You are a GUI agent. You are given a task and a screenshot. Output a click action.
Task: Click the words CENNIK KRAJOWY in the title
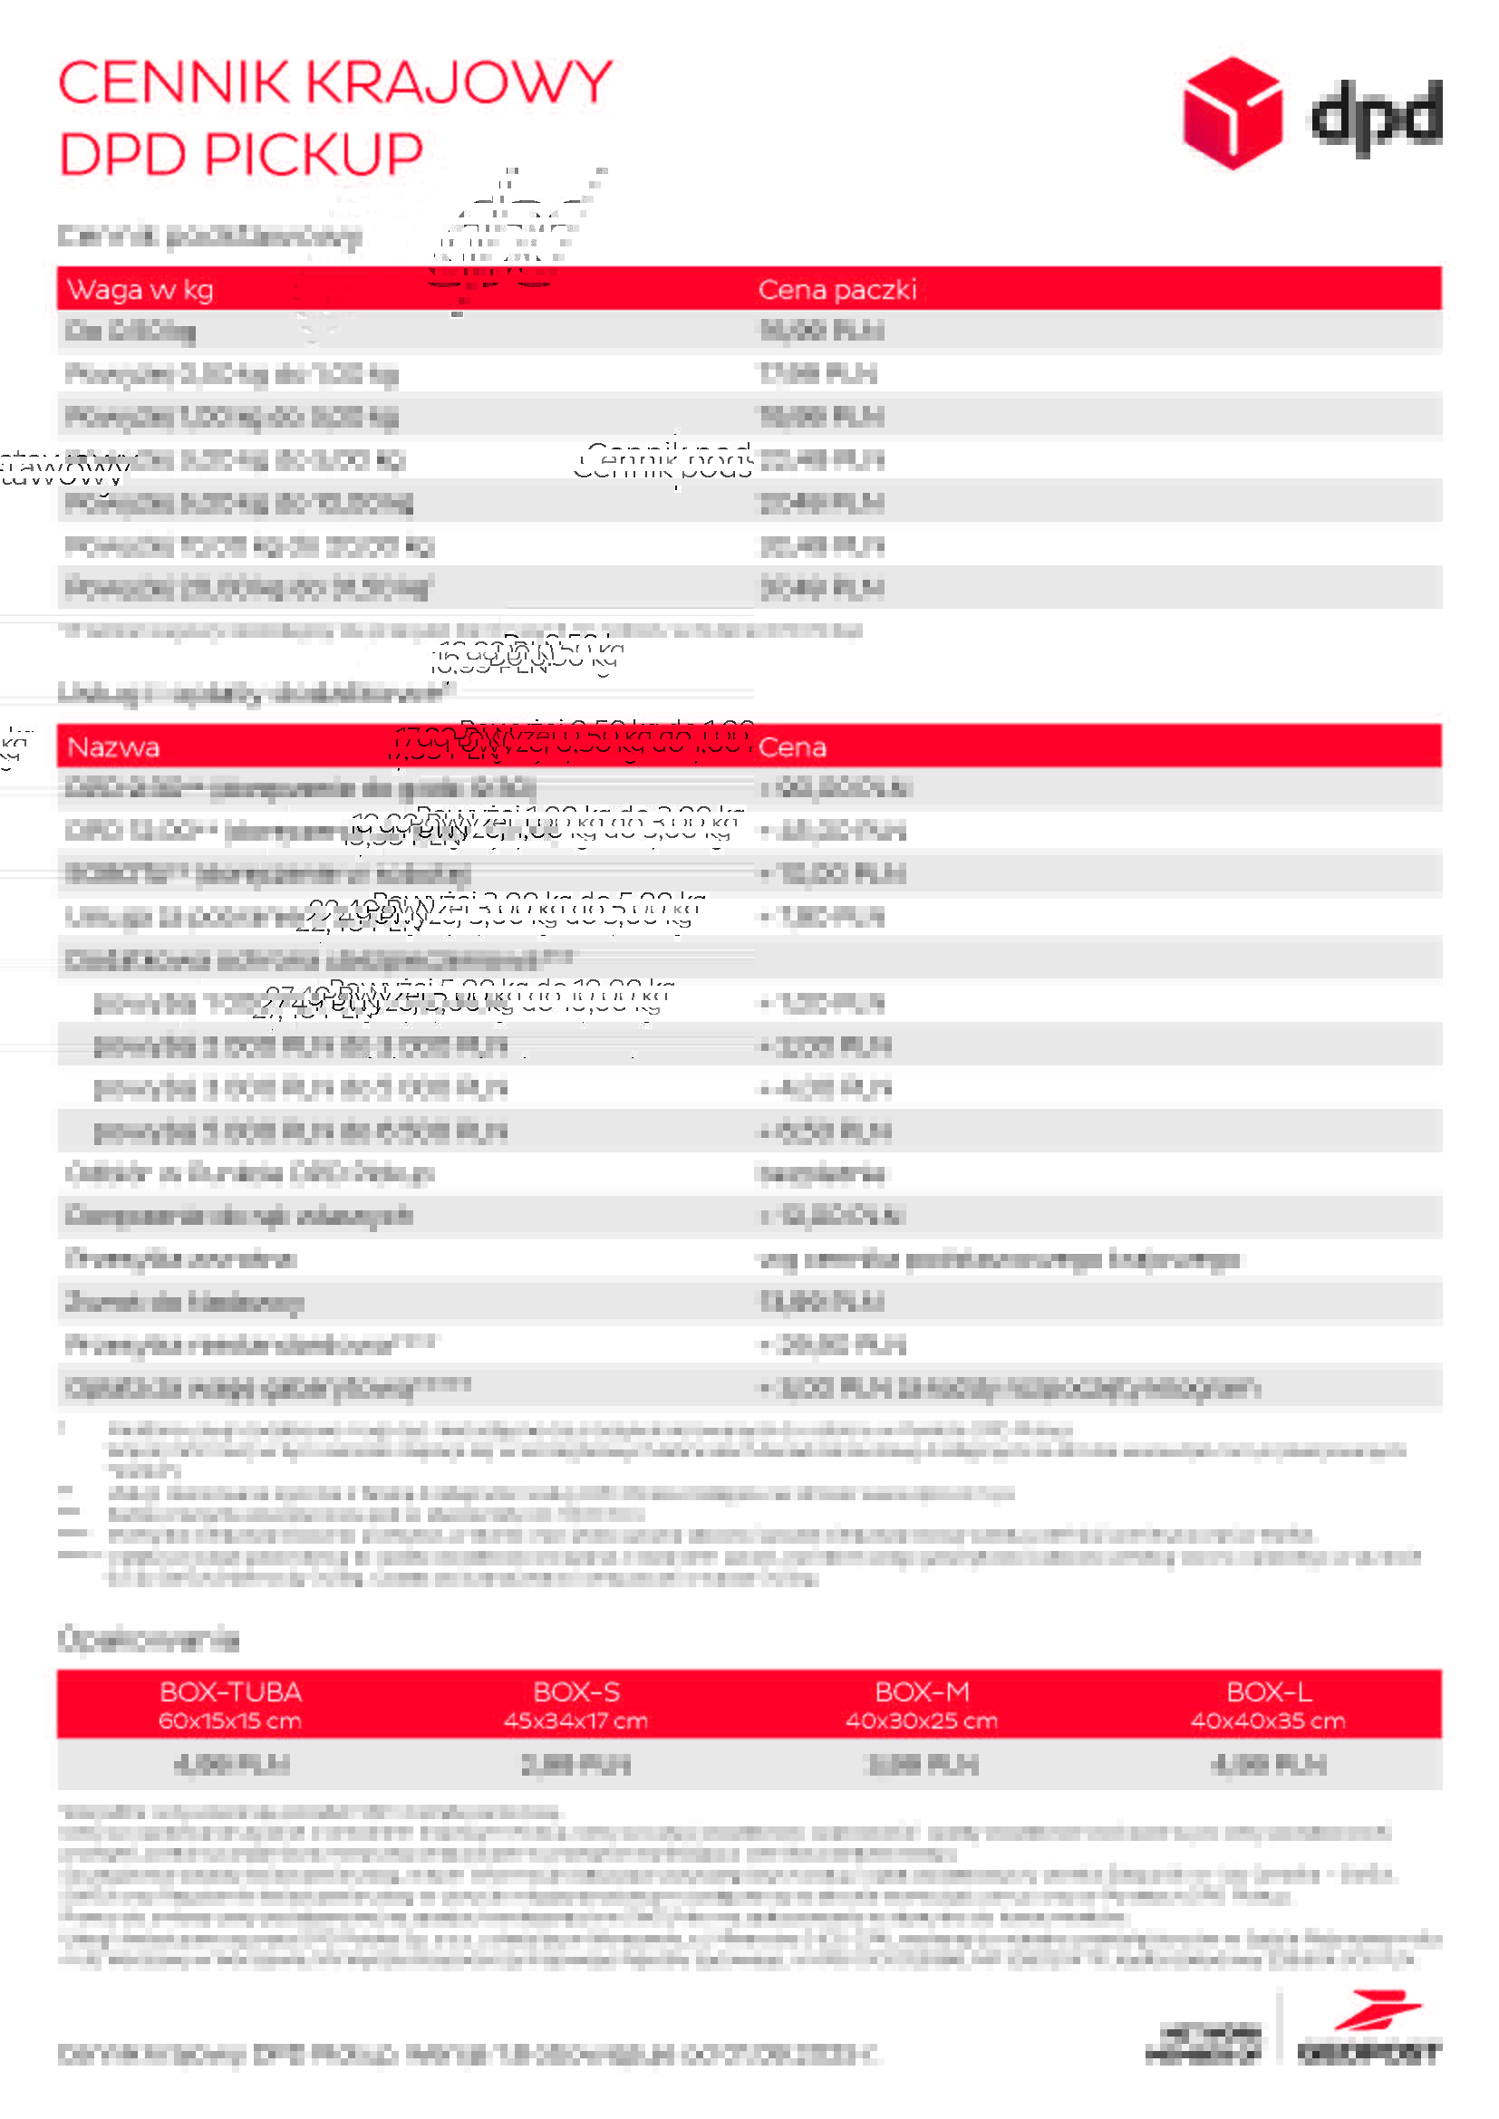[x=335, y=83]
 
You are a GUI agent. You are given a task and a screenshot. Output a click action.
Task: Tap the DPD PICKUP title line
[x=241, y=153]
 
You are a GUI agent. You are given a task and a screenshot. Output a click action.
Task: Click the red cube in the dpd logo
[x=1232, y=112]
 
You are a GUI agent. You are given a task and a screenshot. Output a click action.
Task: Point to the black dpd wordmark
[x=1377, y=115]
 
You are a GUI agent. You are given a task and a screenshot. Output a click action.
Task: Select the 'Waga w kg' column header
[x=140, y=290]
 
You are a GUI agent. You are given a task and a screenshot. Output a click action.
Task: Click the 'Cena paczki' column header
[x=837, y=290]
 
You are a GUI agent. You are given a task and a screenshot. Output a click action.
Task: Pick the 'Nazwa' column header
[x=113, y=746]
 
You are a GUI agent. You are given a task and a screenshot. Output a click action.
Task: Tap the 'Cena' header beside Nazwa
[x=792, y=746]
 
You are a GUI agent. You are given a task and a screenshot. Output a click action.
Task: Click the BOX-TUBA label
[x=231, y=1691]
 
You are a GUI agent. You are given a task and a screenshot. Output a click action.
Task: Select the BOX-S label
[x=576, y=1691]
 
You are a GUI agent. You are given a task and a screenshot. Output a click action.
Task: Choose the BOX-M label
[x=922, y=1691]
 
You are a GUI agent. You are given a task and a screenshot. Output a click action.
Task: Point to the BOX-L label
[x=1268, y=1691]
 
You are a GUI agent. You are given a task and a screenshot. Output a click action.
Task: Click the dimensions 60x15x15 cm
[x=231, y=1720]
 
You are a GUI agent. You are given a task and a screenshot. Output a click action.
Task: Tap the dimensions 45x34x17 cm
[x=576, y=1720]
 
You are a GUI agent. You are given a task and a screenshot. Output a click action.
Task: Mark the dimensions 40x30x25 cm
[x=922, y=1720]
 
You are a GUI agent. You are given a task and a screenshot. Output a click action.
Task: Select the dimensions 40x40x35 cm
[x=1268, y=1720]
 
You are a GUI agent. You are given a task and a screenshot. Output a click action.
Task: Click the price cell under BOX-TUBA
[x=231, y=1765]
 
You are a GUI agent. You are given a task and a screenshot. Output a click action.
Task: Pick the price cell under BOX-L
[x=1268, y=1765]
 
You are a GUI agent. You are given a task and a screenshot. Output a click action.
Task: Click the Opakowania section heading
[x=149, y=1640]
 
